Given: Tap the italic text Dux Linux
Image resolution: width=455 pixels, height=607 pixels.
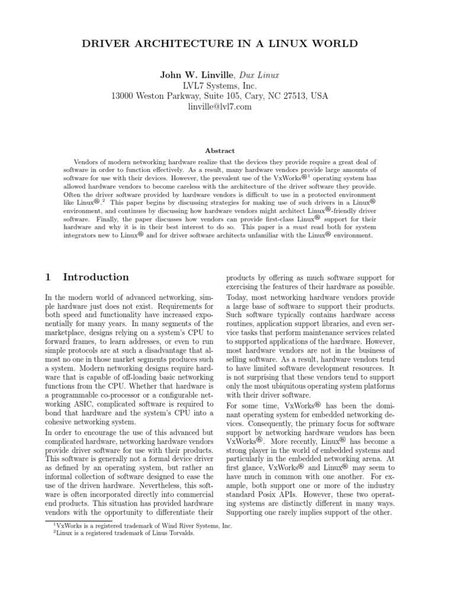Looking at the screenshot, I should pyautogui.click(x=259, y=75).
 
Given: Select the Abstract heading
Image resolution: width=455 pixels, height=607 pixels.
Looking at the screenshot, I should pyautogui.click(x=220, y=151).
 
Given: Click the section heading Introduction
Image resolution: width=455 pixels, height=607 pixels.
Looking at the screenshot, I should pyautogui.click(x=96, y=277).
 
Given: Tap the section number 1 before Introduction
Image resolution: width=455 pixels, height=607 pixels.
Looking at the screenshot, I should pyautogui.click(x=49, y=277).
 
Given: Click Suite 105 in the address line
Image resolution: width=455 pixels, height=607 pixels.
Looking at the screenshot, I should pyautogui.click(x=224, y=96).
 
